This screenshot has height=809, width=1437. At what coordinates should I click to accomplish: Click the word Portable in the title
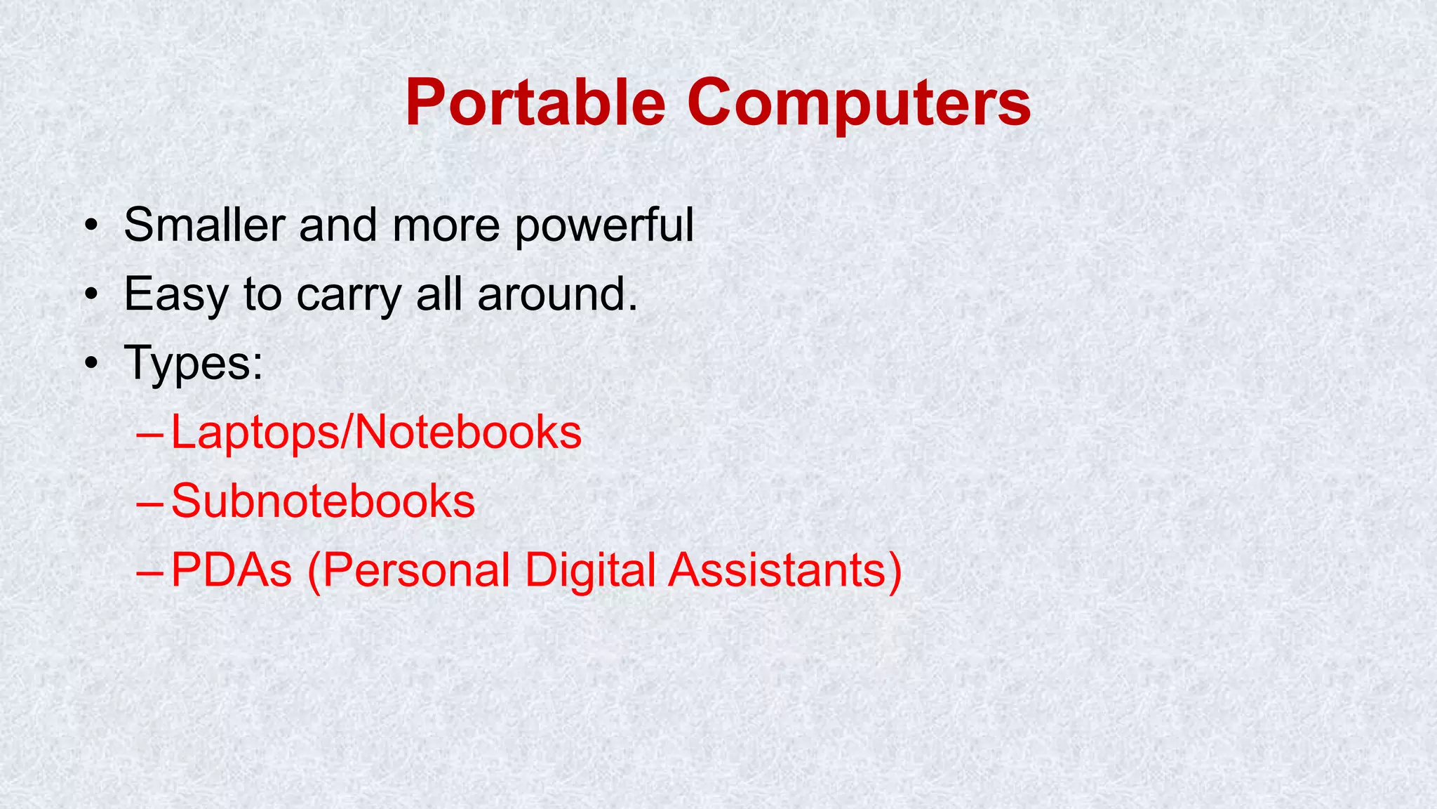coord(535,103)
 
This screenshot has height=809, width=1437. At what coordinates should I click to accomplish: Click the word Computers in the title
coord(858,103)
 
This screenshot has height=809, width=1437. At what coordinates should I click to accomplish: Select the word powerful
coord(604,226)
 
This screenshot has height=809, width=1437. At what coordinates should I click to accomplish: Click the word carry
coord(348,296)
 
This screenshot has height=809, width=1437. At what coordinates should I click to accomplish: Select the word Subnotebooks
coord(323,501)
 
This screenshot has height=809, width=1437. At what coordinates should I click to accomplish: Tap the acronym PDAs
coord(231,570)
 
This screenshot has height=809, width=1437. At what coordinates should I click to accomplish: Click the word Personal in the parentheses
coord(416,570)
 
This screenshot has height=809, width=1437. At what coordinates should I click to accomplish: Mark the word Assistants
coord(777,570)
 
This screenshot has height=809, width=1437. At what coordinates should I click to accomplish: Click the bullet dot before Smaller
coord(90,226)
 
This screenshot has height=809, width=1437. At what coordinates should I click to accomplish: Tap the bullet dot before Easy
coord(90,295)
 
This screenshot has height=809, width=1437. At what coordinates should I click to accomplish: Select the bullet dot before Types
coord(90,363)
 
